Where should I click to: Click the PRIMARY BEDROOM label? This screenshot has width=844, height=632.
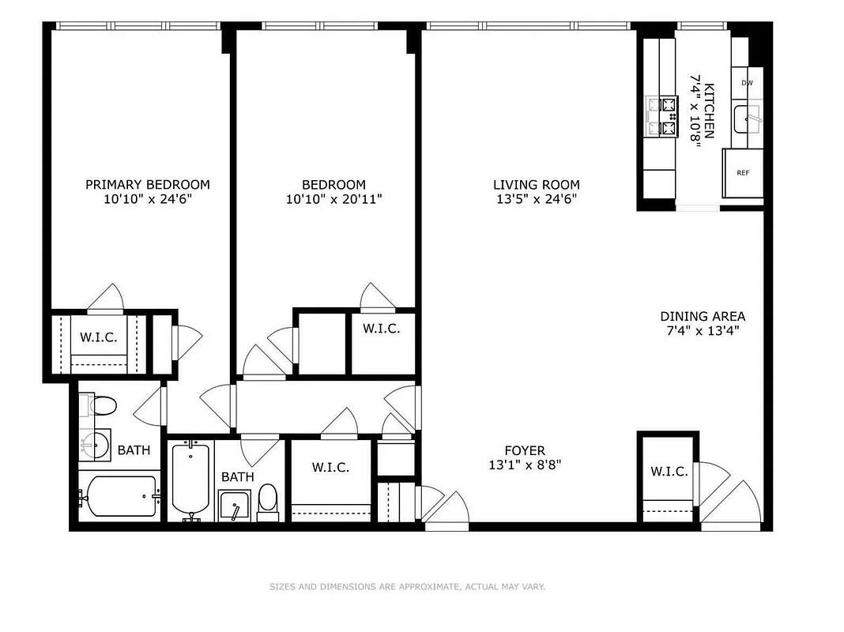tap(148, 184)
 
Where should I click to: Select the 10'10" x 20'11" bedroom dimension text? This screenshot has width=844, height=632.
tap(334, 200)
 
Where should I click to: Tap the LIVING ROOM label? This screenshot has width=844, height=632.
tap(537, 185)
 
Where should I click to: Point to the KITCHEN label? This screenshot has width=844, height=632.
tap(710, 111)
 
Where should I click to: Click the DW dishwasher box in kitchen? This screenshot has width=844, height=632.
tap(747, 82)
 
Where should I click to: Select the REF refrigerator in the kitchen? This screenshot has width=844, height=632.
tap(743, 173)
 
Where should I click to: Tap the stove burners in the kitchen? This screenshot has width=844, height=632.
tap(661, 116)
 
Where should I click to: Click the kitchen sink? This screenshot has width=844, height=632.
tap(747, 120)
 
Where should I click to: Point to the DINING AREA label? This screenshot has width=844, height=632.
tap(703, 316)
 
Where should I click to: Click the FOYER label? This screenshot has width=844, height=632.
tap(526, 450)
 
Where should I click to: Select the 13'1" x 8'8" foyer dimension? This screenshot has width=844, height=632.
tap(526, 465)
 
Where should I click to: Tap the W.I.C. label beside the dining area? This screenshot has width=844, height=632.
tap(669, 472)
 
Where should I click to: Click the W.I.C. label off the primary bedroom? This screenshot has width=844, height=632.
tap(99, 337)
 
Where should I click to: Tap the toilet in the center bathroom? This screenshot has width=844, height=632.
tap(268, 499)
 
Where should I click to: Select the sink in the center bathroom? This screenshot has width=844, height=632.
tap(235, 506)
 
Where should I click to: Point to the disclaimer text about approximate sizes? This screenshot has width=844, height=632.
tap(407, 587)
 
